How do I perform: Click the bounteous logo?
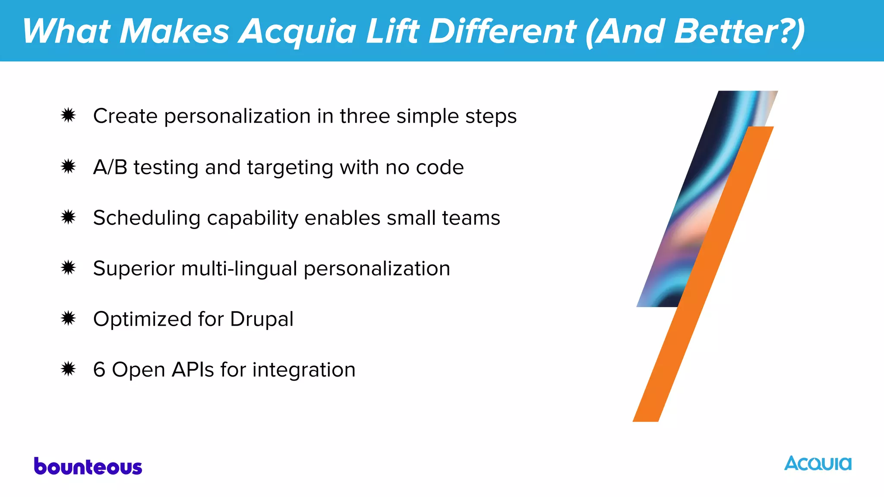coord(88,467)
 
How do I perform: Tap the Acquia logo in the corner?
coord(818,464)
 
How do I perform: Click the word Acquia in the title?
coord(297,31)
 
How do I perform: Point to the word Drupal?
coord(262,319)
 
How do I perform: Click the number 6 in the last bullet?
coord(99,370)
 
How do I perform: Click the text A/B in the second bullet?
coord(110,167)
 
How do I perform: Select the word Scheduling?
coord(147,218)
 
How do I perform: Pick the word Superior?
coord(134,269)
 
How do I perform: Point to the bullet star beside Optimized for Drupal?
coord(68,319)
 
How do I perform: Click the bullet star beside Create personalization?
coord(68,116)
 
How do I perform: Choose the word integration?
coord(304,370)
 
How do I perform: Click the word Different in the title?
coord(502,31)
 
